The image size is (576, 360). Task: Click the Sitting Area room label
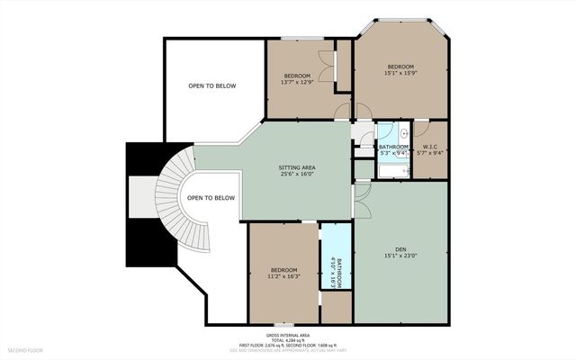[296, 166]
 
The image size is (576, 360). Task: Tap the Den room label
[400, 250]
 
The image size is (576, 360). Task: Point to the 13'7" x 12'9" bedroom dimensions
[297, 82]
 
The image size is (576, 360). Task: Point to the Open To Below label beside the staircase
[211, 198]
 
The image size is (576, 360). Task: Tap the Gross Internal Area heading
[287, 333]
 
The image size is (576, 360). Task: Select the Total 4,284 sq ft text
[287, 338]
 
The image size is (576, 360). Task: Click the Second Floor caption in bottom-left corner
[24, 349]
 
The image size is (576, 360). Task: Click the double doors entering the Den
[362, 202]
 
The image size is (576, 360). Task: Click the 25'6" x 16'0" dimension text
[296, 174]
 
